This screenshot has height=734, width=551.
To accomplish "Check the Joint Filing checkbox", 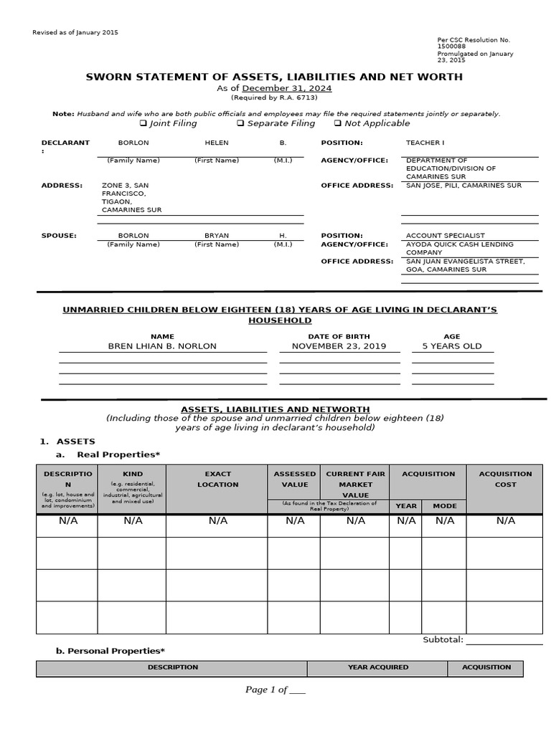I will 142,123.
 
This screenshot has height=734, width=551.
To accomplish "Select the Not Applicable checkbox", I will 338,123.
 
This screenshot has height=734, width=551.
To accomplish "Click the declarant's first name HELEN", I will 217,143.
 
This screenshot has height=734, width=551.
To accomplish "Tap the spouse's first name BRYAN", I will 217,235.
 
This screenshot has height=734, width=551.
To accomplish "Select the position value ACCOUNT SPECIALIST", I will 445,235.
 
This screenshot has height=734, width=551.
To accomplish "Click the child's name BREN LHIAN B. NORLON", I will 161,346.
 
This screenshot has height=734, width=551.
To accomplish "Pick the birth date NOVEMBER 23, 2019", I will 339,346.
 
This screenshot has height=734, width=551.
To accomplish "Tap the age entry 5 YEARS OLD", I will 452,346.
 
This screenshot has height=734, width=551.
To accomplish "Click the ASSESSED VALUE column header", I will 294,479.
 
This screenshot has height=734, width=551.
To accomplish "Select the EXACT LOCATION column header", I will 217,479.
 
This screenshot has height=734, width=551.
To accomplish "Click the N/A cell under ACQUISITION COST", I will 505,521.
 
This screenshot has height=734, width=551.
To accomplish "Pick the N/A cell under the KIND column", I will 133,521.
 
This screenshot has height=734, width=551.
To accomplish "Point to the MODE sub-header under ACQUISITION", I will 444,506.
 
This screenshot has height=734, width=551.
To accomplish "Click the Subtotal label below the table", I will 443,640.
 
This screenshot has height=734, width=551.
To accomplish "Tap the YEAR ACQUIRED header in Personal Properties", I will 378,667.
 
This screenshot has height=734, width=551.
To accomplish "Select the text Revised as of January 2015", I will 76,33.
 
